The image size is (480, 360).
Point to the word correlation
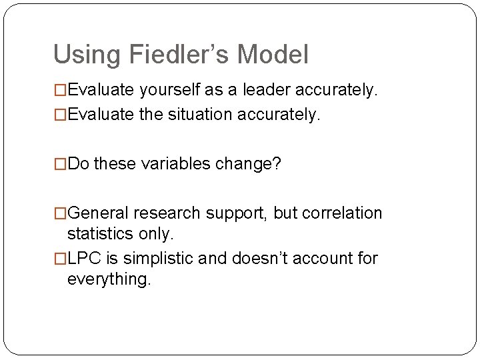pos(344,213)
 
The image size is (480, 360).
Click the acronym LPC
pos(83,258)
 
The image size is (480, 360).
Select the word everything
pos(109,279)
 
